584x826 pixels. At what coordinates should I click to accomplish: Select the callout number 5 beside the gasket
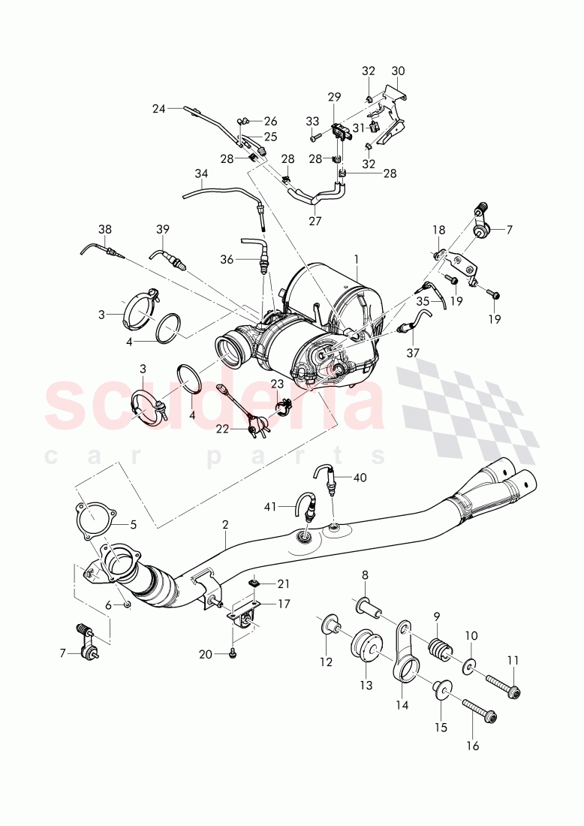point(134,525)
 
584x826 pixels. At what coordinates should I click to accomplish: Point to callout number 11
point(513,660)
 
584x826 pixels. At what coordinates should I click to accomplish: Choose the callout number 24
point(158,108)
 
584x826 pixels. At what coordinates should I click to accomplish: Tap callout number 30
point(398,71)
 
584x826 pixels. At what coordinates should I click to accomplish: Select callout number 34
point(200,173)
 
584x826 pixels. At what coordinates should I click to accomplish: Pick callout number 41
point(269,507)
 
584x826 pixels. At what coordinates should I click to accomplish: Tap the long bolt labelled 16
point(477,710)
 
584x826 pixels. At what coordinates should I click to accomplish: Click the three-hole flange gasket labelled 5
point(91,518)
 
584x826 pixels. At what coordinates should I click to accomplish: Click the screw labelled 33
point(316,137)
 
